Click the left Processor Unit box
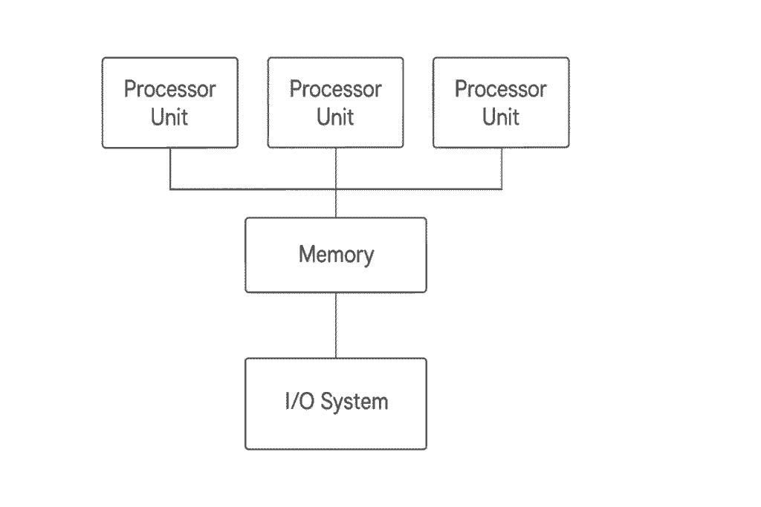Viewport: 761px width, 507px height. [x=170, y=102]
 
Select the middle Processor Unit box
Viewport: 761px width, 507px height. [x=335, y=102]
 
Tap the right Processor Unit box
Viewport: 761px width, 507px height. [x=501, y=102]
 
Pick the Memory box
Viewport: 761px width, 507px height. [x=336, y=255]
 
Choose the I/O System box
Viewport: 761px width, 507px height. [x=336, y=403]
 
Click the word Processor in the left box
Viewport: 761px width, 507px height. [x=170, y=90]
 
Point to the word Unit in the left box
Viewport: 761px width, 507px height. [x=169, y=117]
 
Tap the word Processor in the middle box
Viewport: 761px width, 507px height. [x=335, y=90]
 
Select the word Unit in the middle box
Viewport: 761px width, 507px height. [x=335, y=117]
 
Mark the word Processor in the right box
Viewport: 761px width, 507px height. [x=501, y=90]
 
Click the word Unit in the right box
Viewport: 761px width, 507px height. [x=501, y=117]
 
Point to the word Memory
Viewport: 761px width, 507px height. [x=336, y=255]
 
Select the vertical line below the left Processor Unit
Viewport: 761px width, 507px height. [x=170, y=169]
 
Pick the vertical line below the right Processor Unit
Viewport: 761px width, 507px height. [x=501, y=169]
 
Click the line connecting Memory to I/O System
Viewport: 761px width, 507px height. [x=336, y=325]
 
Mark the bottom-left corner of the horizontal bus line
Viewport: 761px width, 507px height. [x=170, y=189]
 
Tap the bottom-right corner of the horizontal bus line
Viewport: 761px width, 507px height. [x=501, y=189]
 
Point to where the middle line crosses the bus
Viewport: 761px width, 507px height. [x=336, y=189]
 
